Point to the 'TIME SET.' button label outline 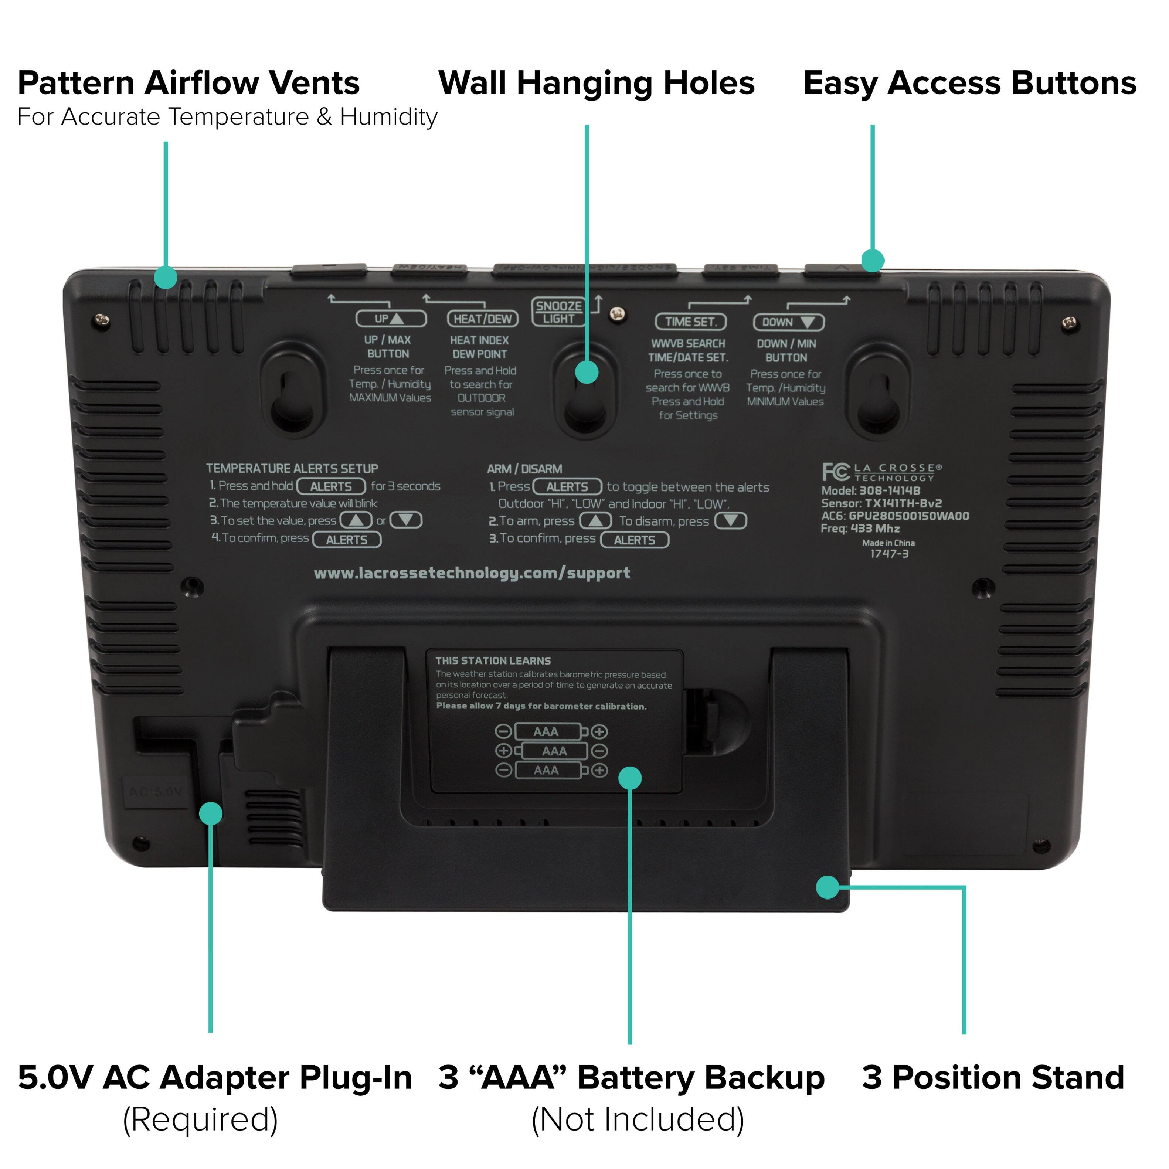tap(690, 322)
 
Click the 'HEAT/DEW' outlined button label tap(482, 319)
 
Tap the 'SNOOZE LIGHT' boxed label tap(558, 312)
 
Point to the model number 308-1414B tap(890, 491)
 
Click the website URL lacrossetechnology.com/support tap(472, 573)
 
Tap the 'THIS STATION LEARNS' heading tap(493, 661)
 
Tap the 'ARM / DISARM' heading tap(524, 469)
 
